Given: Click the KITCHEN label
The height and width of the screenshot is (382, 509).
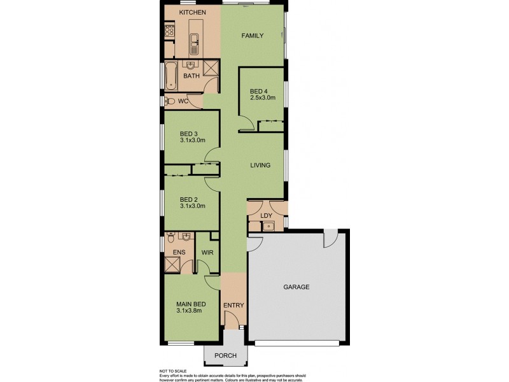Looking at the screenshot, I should (192, 13).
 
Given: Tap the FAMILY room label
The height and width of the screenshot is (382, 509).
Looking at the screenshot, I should (252, 36).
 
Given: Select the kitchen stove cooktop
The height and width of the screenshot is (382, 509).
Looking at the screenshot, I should (169, 29).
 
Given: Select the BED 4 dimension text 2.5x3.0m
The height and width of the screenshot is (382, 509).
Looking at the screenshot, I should (262, 98).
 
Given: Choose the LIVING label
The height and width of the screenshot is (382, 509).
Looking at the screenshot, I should (260, 166).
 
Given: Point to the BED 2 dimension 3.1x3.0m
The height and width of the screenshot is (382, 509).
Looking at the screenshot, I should (192, 206).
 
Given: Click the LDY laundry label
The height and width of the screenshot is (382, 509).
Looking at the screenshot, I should (267, 216).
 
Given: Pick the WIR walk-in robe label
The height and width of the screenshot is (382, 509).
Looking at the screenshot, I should (207, 253).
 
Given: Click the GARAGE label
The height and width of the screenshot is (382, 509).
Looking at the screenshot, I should (296, 287).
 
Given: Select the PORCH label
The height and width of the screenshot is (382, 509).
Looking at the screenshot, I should (226, 355).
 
